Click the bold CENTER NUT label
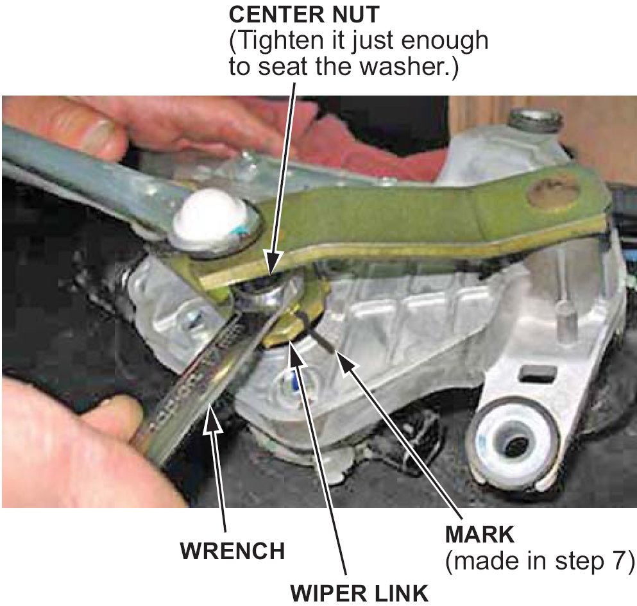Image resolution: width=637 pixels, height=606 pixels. coord(304,15)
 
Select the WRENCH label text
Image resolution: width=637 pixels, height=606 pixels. coord(233,551)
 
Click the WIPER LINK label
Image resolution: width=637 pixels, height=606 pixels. coord(359,593)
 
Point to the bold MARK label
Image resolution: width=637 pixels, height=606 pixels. coord(480,535)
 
